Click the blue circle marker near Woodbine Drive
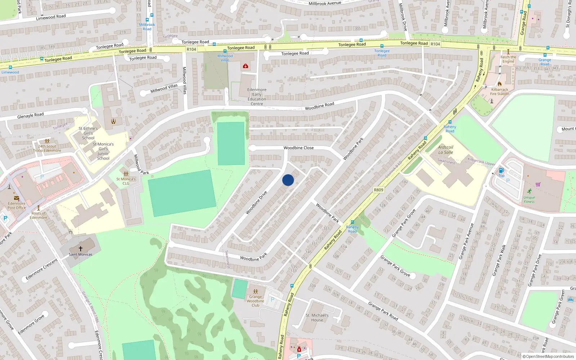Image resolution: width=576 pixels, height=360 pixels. pyautogui.click(x=288, y=180)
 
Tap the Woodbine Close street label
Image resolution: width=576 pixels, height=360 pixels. pyautogui.click(x=298, y=148)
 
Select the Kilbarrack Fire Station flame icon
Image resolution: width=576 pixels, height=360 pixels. pyautogui.click(x=500, y=84)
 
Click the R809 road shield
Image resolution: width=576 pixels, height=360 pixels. pyautogui.click(x=378, y=190)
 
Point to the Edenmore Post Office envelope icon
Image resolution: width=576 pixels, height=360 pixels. pyautogui.click(x=17, y=198)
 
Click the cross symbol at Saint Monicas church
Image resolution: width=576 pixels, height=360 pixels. pyautogui.click(x=81, y=249)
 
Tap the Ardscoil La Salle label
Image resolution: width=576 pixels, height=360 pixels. pyautogui.click(x=446, y=150)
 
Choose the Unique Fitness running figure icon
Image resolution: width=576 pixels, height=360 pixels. pyautogui.click(x=529, y=191)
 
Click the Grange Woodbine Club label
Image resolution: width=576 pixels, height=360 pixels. pyautogui.click(x=255, y=301)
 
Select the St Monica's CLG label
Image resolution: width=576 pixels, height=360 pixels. pyautogui.click(x=126, y=181)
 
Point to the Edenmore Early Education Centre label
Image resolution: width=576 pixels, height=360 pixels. pyautogui.click(x=257, y=97)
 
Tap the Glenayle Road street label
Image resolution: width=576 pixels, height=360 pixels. pyautogui.click(x=31, y=116)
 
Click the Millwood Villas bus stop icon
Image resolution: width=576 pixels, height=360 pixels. pyautogui.click(x=225, y=51)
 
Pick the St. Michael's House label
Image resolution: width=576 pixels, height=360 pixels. pyautogui.click(x=317, y=318)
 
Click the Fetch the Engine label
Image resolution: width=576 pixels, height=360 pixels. pyautogui.click(x=508, y=59)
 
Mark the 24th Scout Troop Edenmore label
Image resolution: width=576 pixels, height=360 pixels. pyautogui.click(x=47, y=148)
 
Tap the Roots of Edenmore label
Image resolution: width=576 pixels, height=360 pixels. pyautogui.click(x=39, y=215)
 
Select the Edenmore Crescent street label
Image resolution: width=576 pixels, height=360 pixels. pyautogui.click(x=42, y=269)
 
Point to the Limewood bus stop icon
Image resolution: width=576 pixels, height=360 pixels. pyautogui.click(x=10, y=67)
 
